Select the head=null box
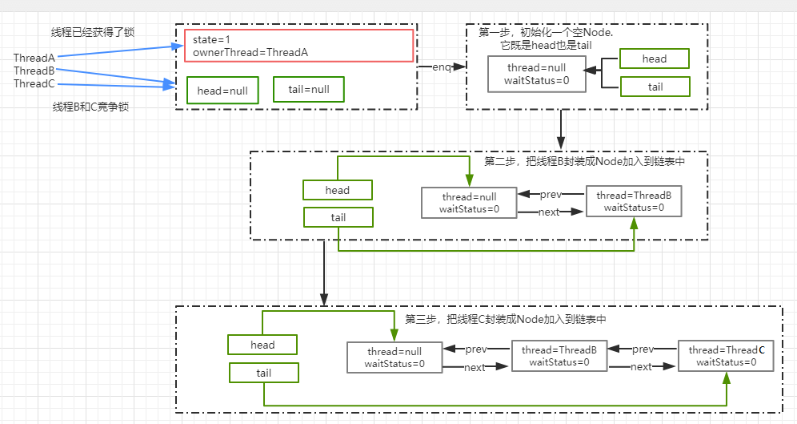coord(222,91)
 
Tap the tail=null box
coord(308,90)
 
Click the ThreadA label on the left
coord(34,58)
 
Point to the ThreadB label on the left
coord(34,71)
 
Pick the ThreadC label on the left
coord(34,83)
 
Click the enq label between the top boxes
coord(442,67)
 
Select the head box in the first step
coord(654,59)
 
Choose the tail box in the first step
coord(654,87)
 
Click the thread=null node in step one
coord(536,75)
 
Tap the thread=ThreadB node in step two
coord(633,201)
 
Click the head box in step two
coord(338,190)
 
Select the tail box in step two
coord(338,217)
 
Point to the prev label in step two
coord(551,195)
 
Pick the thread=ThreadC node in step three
coord(726,356)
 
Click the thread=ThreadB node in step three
coord(559,356)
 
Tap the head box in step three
coord(262,345)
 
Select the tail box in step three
coord(263,373)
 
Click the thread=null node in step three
coord(394,357)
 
